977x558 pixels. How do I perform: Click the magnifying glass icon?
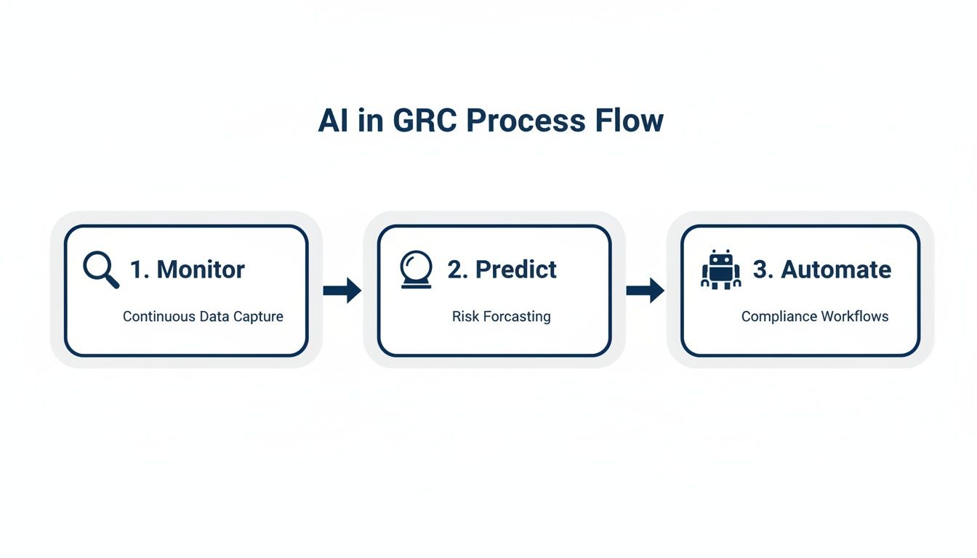click(100, 270)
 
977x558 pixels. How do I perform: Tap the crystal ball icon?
click(417, 270)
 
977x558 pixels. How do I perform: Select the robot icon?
click(720, 270)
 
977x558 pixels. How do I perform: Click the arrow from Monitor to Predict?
click(342, 290)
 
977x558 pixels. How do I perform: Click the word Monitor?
click(201, 270)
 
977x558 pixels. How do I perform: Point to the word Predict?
click(515, 270)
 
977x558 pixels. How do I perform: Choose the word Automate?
click(836, 270)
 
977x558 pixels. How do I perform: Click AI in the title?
click(333, 121)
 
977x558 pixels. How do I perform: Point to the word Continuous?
click(159, 317)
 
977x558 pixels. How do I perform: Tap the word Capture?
click(258, 317)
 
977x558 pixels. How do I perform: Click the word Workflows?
click(855, 317)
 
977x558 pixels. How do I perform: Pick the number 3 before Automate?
click(763, 270)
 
